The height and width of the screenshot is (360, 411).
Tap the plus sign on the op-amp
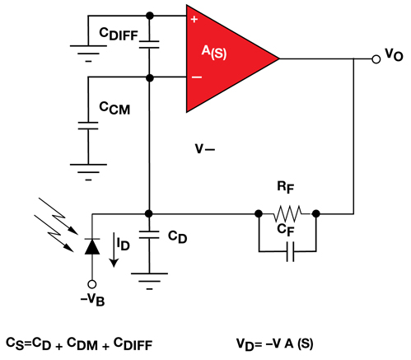pyautogui.click(x=194, y=18)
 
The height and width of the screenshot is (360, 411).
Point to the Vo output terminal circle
pyautogui.click(x=376, y=58)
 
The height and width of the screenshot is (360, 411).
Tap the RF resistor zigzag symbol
pyautogui.click(x=287, y=212)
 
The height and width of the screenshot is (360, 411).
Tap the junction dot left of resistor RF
pyautogui.click(x=258, y=212)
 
